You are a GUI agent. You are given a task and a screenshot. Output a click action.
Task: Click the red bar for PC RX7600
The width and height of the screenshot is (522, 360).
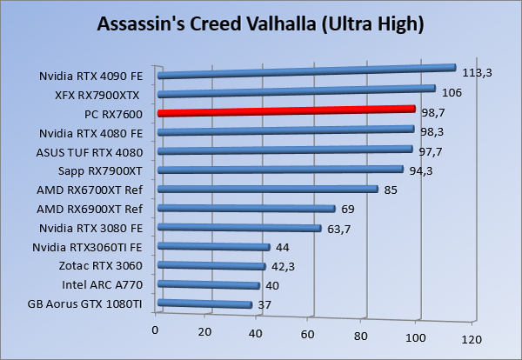tap(287, 110)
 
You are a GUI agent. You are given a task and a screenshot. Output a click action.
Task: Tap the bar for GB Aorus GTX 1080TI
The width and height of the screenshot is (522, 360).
tap(204, 303)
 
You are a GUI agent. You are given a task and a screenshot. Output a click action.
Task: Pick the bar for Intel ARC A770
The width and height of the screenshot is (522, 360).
tap(209, 284)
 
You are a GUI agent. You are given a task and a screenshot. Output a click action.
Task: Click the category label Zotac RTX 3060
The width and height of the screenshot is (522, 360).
tap(100, 265)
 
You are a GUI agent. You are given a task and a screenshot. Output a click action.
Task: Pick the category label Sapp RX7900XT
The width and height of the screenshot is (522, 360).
tap(98, 170)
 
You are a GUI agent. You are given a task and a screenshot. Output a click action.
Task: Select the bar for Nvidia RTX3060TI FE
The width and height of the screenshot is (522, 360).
tap(214, 246)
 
